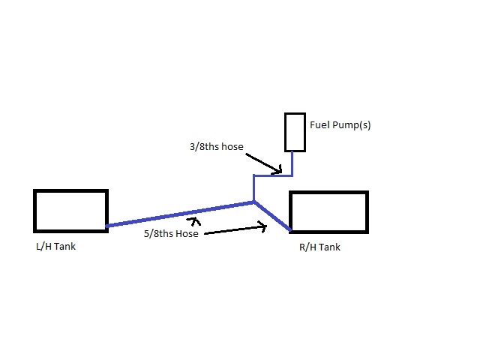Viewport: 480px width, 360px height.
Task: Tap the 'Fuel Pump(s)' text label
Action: pos(340,125)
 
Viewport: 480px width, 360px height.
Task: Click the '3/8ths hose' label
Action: pos(217,147)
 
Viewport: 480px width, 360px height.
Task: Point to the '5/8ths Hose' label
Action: pos(171,234)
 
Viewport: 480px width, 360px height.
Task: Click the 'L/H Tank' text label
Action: pos(55,247)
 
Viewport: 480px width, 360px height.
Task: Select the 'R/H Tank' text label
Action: pos(319,247)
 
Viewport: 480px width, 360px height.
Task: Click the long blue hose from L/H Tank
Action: pos(180,214)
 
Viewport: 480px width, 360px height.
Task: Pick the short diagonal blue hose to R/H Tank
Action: pos(272,216)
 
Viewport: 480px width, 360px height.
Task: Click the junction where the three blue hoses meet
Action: pos(253,202)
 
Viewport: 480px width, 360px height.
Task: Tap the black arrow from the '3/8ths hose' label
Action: pos(263,163)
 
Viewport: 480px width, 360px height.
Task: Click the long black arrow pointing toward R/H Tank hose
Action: pos(235,230)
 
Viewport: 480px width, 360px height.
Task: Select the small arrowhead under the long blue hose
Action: pos(193,220)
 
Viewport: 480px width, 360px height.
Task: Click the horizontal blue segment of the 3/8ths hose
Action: pos(273,175)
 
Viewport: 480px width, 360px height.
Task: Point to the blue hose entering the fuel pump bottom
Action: pos(292,163)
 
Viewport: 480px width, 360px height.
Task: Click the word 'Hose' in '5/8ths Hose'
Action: pos(187,234)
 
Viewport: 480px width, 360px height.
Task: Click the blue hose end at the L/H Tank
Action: pos(107,226)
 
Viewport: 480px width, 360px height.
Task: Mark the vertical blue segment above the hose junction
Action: pos(253,188)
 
